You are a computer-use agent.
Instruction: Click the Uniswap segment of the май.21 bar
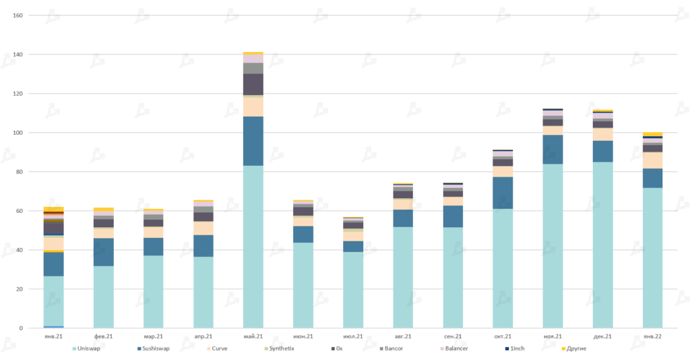click(x=253, y=247)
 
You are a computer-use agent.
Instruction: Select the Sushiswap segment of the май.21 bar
click(x=253, y=141)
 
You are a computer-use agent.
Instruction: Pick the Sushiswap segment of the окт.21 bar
click(x=503, y=193)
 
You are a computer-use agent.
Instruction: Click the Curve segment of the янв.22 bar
click(x=652, y=160)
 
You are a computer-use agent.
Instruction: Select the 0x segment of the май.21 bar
click(x=253, y=84)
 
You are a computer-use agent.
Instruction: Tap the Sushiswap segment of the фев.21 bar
click(x=104, y=252)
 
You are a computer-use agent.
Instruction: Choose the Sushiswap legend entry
click(x=154, y=349)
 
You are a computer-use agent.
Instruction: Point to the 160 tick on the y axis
click(x=18, y=16)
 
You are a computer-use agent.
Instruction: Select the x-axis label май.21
click(x=253, y=336)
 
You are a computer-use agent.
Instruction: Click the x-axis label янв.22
click(x=652, y=336)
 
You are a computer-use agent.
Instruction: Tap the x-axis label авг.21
click(x=403, y=336)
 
